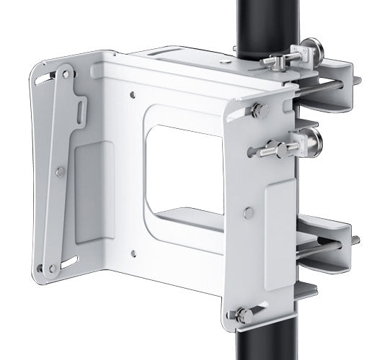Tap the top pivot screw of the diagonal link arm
(65, 72)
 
